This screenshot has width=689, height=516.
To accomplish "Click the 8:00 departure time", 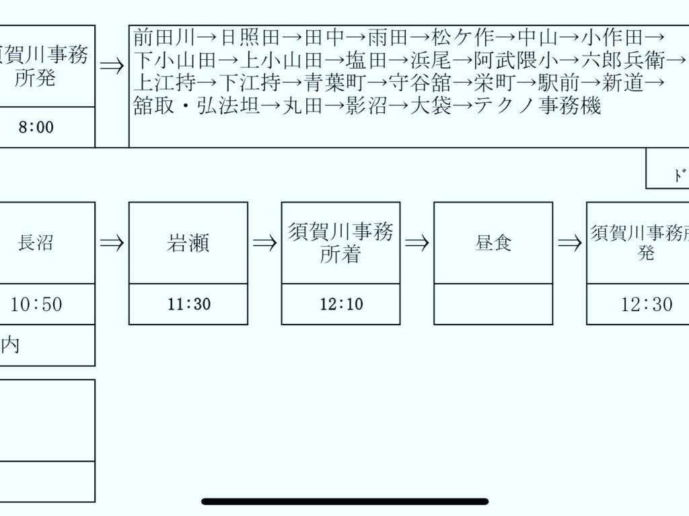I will click(x=36, y=127).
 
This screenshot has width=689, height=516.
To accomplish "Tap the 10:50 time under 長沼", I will click(x=36, y=304).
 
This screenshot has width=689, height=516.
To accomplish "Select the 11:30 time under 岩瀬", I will click(x=189, y=304).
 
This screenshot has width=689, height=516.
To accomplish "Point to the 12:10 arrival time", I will click(x=341, y=304).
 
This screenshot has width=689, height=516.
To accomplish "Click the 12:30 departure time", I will click(x=646, y=304).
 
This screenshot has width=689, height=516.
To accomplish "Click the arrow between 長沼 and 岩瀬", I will click(x=112, y=243).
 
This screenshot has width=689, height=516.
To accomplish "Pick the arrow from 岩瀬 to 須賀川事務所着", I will click(x=264, y=243).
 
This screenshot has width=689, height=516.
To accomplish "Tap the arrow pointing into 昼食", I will click(x=417, y=243).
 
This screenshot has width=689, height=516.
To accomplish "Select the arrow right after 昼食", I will click(x=569, y=243).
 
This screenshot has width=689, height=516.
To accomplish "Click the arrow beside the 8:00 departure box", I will click(x=112, y=66).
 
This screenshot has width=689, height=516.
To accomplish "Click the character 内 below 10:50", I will click(x=10, y=346).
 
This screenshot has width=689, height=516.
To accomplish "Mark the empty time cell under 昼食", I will click(x=493, y=304).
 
